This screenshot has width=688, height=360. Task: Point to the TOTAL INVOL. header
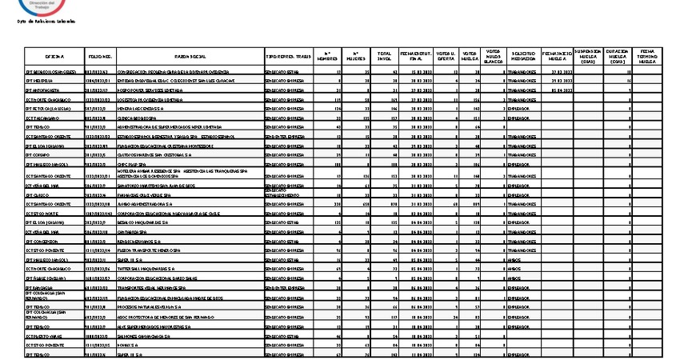pyautogui.click(x=385, y=58)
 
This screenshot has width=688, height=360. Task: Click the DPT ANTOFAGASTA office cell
pyautogui.click(x=45, y=92)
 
